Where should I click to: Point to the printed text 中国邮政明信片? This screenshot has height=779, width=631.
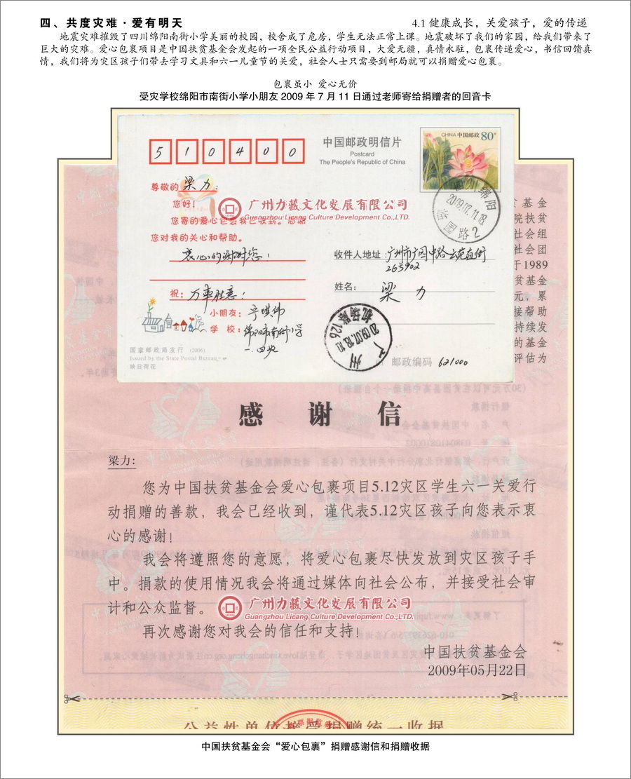(362, 142)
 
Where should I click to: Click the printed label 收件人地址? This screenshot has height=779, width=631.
(358, 254)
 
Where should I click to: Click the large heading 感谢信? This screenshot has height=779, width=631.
(320, 416)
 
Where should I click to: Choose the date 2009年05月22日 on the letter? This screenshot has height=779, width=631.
(476, 669)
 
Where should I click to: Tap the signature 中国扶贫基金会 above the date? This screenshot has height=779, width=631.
(475, 651)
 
